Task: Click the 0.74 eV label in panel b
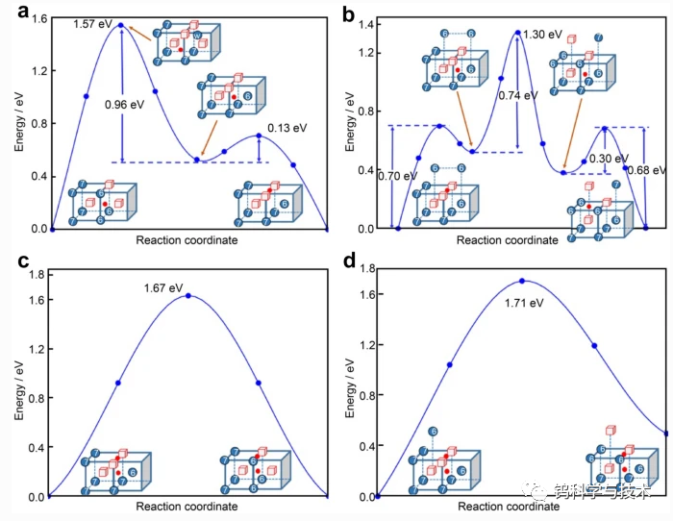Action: coord(515,96)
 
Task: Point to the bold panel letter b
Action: coord(349,13)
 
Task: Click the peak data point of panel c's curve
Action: coord(187,296)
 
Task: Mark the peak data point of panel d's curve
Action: coord(522,281)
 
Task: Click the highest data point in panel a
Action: coord(121,26)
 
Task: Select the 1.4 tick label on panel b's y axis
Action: coord(366,23)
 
